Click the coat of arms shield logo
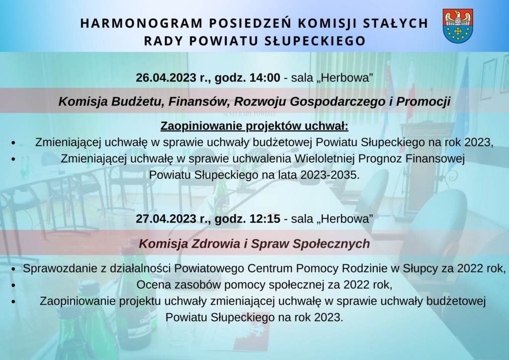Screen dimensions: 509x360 [x=458, y=26]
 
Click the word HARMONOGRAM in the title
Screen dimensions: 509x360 [x=142, y=23]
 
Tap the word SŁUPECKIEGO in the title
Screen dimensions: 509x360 [x=315, y=41]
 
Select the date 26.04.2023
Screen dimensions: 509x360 [x=166, y=78]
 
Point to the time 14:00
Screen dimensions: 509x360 [x=264, y=78]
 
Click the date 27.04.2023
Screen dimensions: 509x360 [x=166, y=219]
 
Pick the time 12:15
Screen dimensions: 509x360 [x=264, y=219]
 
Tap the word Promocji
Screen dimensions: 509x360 [x=424, y=101]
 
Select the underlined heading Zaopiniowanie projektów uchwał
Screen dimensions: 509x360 [x=254, y=126]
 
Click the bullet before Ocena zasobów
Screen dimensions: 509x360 [x=13, y=285]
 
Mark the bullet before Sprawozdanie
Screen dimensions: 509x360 [x=13, y=269]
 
